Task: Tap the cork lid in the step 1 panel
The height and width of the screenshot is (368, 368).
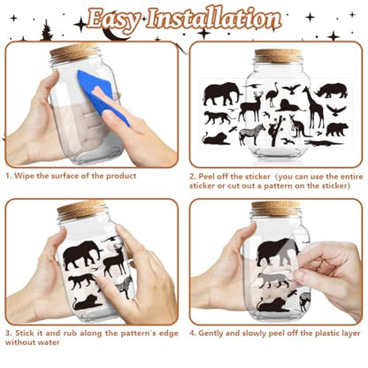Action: tap(74, 50)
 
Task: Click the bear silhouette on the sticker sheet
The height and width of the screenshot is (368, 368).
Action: tap(337, 129)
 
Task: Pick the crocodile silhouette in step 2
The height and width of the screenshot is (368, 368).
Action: tap(324, 143)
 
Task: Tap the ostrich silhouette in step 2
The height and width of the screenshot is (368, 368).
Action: tap(272, 95)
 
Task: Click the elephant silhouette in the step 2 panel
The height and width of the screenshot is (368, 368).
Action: tap(222, 94)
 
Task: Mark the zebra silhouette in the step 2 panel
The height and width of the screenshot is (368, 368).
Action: tap(252, 134)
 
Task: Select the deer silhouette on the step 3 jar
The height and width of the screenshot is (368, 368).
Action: tap(114, 259)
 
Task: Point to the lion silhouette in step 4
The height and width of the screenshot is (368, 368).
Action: tap(273, 304)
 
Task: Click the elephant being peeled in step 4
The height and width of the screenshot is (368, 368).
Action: tap(278, 251)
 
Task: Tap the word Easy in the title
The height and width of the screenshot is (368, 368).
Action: tap(113, 19)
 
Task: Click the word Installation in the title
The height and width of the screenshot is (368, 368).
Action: tap(213, 19)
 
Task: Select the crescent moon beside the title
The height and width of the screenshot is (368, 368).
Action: tap(114, 33)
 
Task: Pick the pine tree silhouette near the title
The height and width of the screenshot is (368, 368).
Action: tap(47, 30)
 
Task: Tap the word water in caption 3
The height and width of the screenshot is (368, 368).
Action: tap(48, 342)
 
